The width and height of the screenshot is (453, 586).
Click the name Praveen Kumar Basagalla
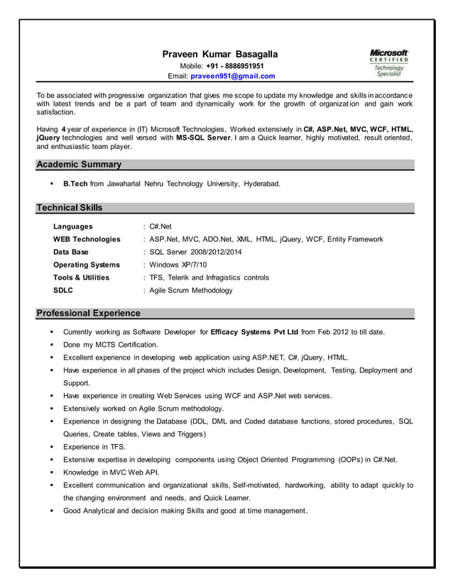[220, 55]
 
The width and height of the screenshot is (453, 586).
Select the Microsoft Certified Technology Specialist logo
[389, 63]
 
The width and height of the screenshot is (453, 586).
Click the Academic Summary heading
[79, 165]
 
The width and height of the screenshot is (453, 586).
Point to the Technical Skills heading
[70, 208]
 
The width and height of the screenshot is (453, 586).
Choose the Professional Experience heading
[88, 313]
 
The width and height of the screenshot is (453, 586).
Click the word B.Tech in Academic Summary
[75, 184]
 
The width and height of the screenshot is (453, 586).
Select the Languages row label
[73, 226]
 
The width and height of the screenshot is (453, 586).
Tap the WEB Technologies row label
[87, 239]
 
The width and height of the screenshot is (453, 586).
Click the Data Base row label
[71, 252]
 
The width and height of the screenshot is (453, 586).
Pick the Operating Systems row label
[87, 265]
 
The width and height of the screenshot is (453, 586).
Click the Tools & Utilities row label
[82, 277]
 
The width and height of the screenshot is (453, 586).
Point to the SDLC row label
[63, 290]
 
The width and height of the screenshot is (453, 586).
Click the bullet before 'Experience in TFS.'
[53, 447]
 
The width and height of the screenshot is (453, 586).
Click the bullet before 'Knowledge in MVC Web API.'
[53, 472]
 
